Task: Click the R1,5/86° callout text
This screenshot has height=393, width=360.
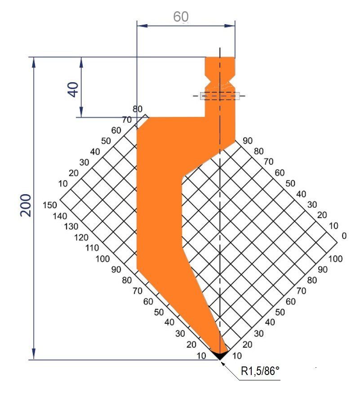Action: pyautogui.click(x=260, y=371)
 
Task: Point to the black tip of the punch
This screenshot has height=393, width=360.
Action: pyautogui.click(x=219, y=355)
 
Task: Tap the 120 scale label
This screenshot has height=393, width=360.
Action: pyautogui.click(x=82, y=237)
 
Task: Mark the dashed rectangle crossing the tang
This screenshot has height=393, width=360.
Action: pyautogui.click(x=220, y=95)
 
